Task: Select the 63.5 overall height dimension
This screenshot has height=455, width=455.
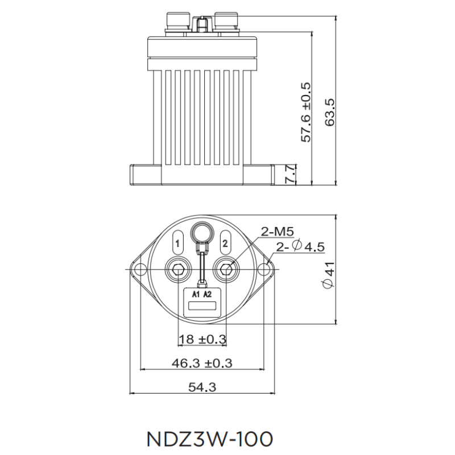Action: point(330,111)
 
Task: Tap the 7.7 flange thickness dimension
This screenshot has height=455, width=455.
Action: point(289,173)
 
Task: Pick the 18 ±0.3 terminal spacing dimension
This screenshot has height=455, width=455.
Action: point(202,339)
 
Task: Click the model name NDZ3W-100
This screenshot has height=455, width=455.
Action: point(210,439)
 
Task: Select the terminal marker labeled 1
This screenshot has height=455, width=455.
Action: point(178,243)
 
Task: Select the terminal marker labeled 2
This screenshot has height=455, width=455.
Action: point(225,243)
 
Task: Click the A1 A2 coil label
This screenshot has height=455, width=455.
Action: point(201,294)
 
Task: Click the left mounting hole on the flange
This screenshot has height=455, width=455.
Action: point(136,268)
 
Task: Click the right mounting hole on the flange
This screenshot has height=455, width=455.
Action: point(266,268)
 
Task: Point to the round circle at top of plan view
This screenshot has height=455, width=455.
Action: point(201,231)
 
